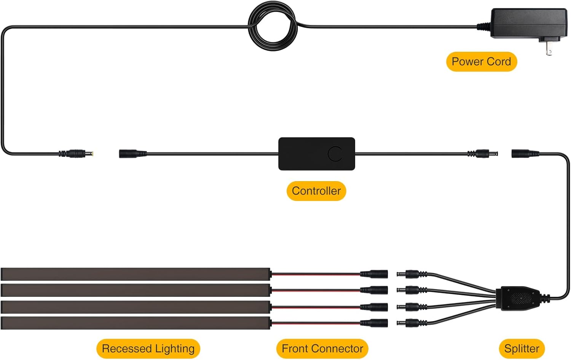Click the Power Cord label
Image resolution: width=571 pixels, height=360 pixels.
(x=481, y=62)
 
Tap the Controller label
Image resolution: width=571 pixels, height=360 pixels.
(x=316, y=191)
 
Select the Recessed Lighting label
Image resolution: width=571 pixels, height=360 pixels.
(x=148, y=349)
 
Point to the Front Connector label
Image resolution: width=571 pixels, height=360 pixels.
(x=322, y=349)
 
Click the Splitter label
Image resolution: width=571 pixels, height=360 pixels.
(x=522, y=349)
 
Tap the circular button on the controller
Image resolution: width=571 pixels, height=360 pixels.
(x=335, y=154)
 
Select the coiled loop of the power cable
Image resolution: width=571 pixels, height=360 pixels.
(x=273, y=26)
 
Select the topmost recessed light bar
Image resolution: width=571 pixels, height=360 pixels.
(x=136, y=274)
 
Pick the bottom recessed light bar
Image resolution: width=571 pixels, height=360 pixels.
(x=136, y=323)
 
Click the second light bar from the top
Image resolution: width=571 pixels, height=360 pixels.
(x=136, y=290)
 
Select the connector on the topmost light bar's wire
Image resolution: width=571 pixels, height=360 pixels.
(x=374, y=274)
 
